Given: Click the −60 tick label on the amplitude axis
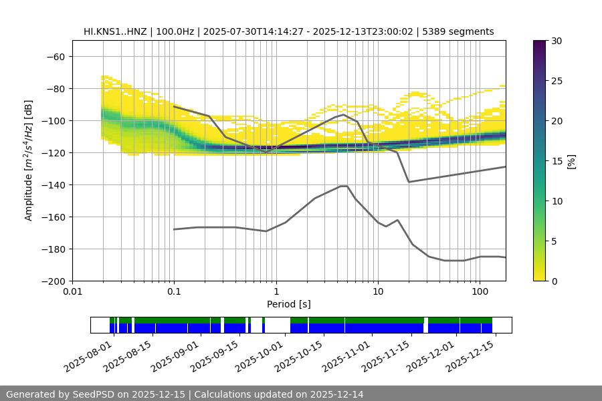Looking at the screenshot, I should tap(55, 56).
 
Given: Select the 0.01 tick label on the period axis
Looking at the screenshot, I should tap(72, 292).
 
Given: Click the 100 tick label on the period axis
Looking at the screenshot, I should tap(480, 292).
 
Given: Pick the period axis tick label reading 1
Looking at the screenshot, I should tap(276, 292).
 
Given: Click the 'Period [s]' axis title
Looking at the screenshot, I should tap(288, 304).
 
